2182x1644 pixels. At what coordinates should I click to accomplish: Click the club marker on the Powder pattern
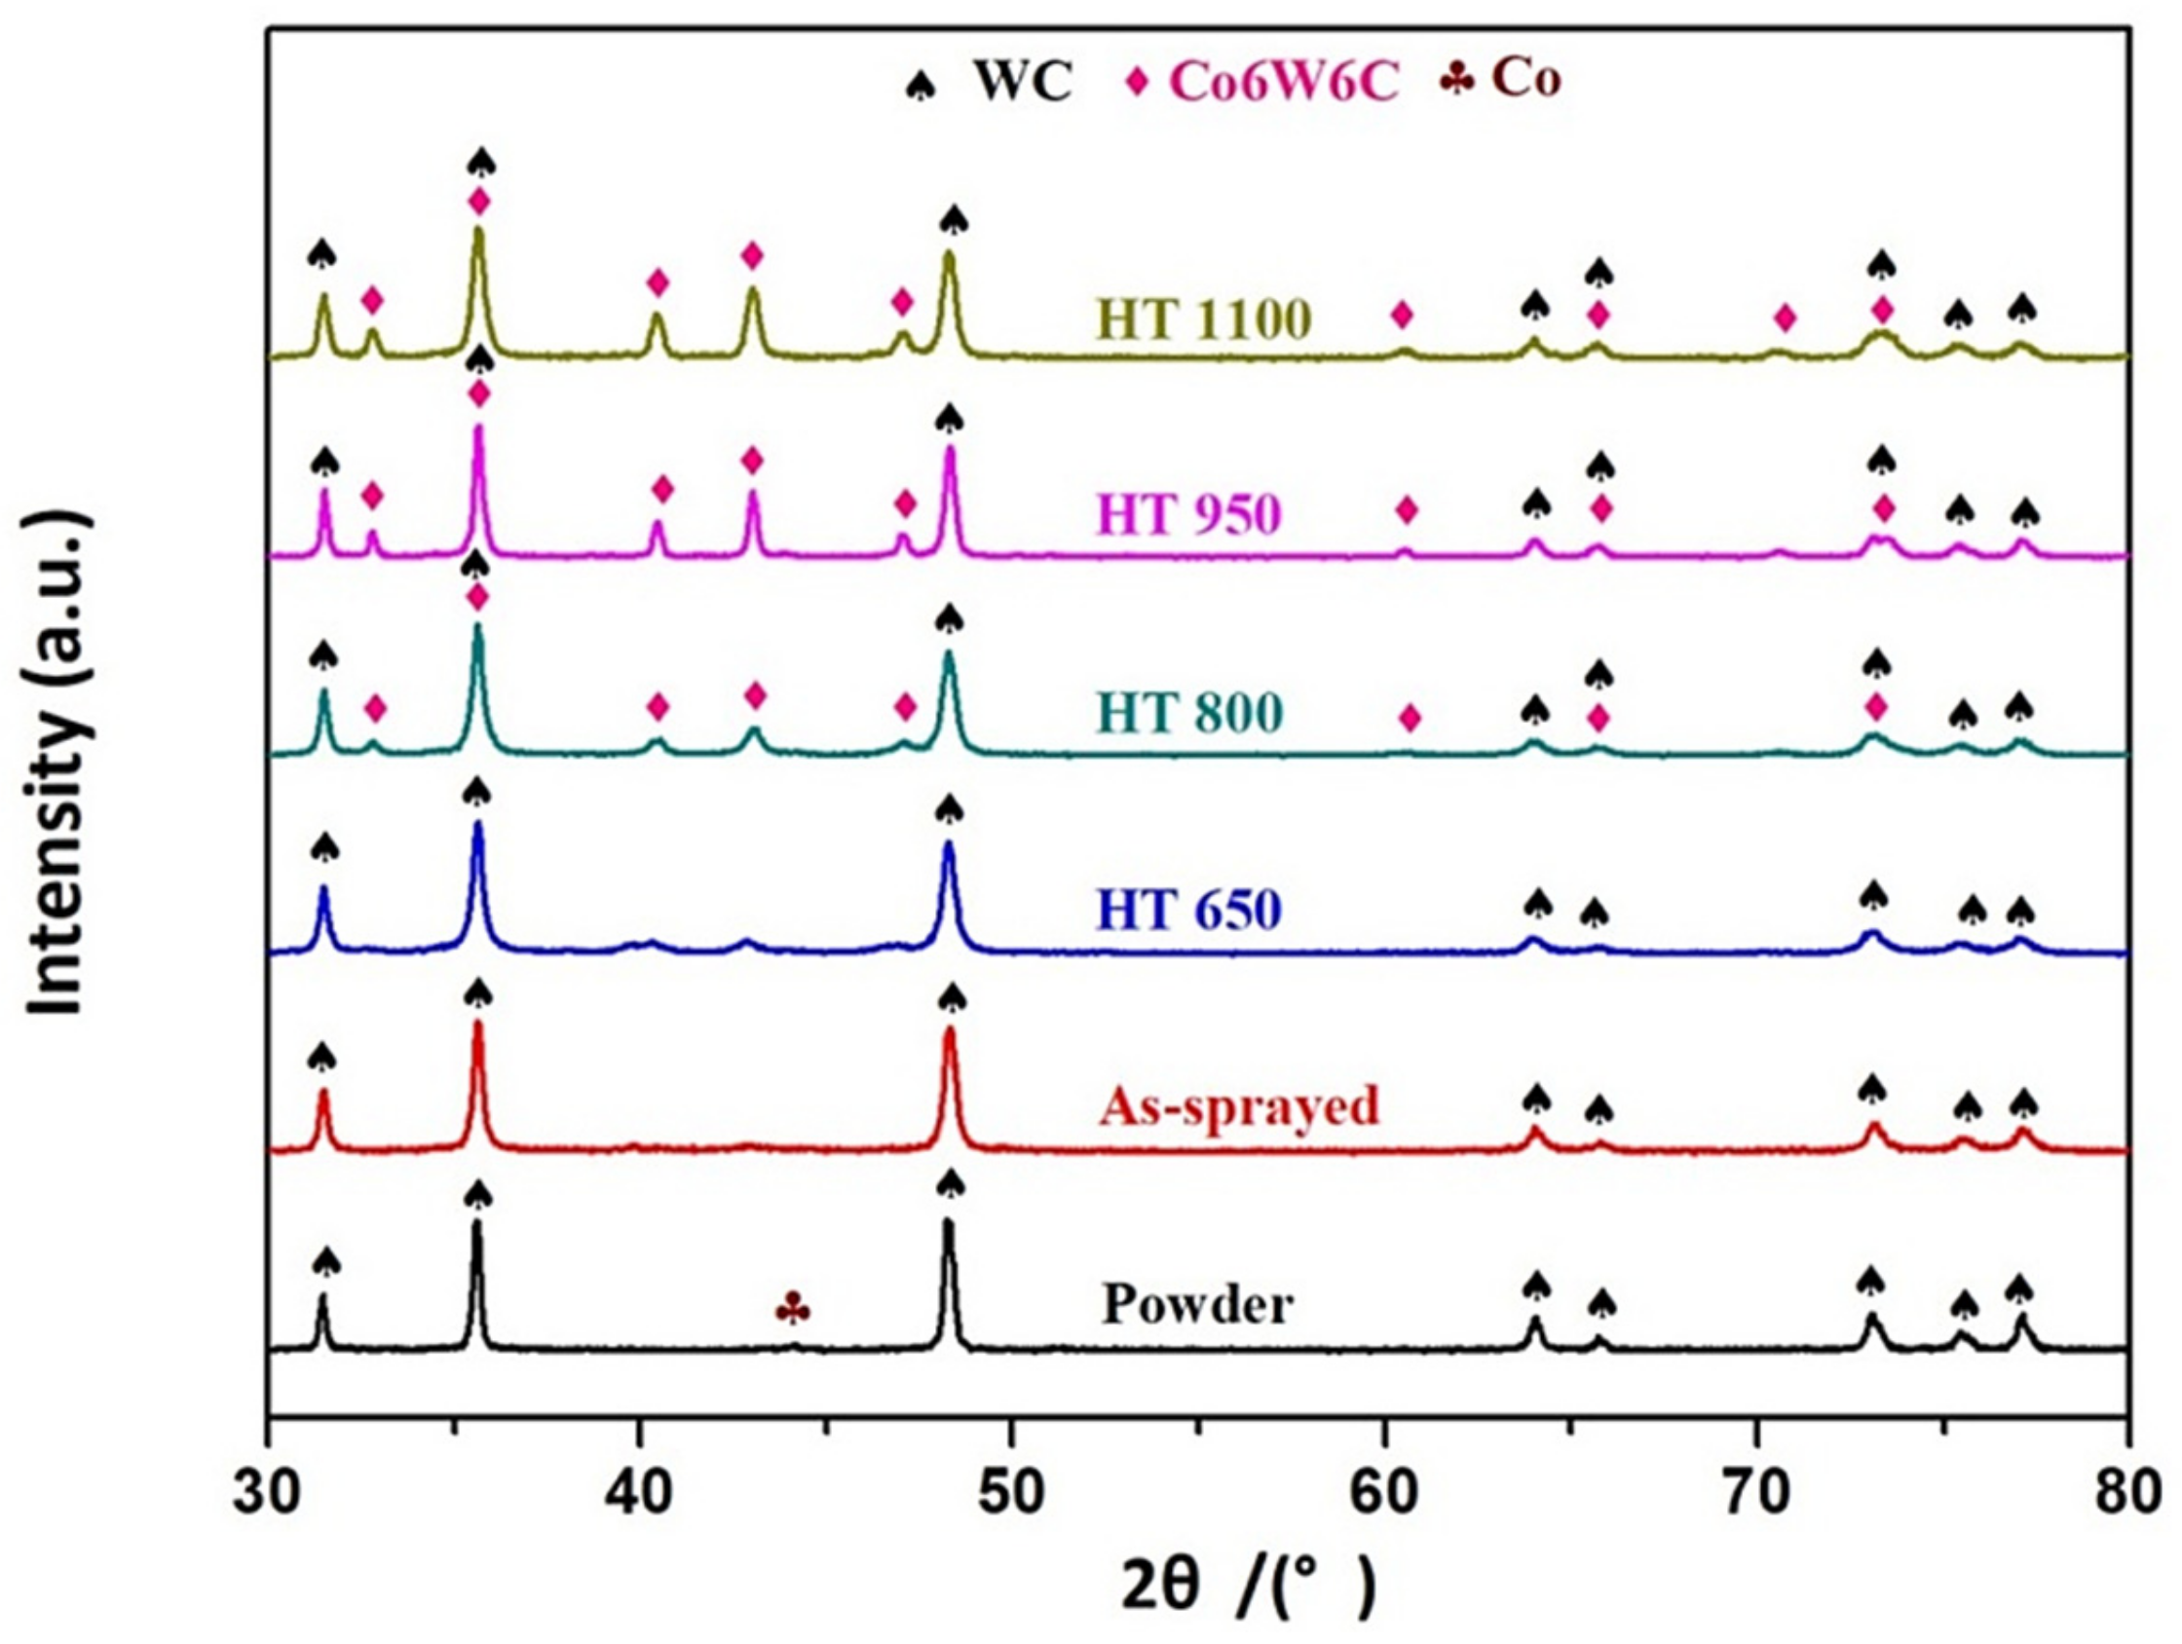794,1309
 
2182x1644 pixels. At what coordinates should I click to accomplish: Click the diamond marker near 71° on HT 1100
1784,318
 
